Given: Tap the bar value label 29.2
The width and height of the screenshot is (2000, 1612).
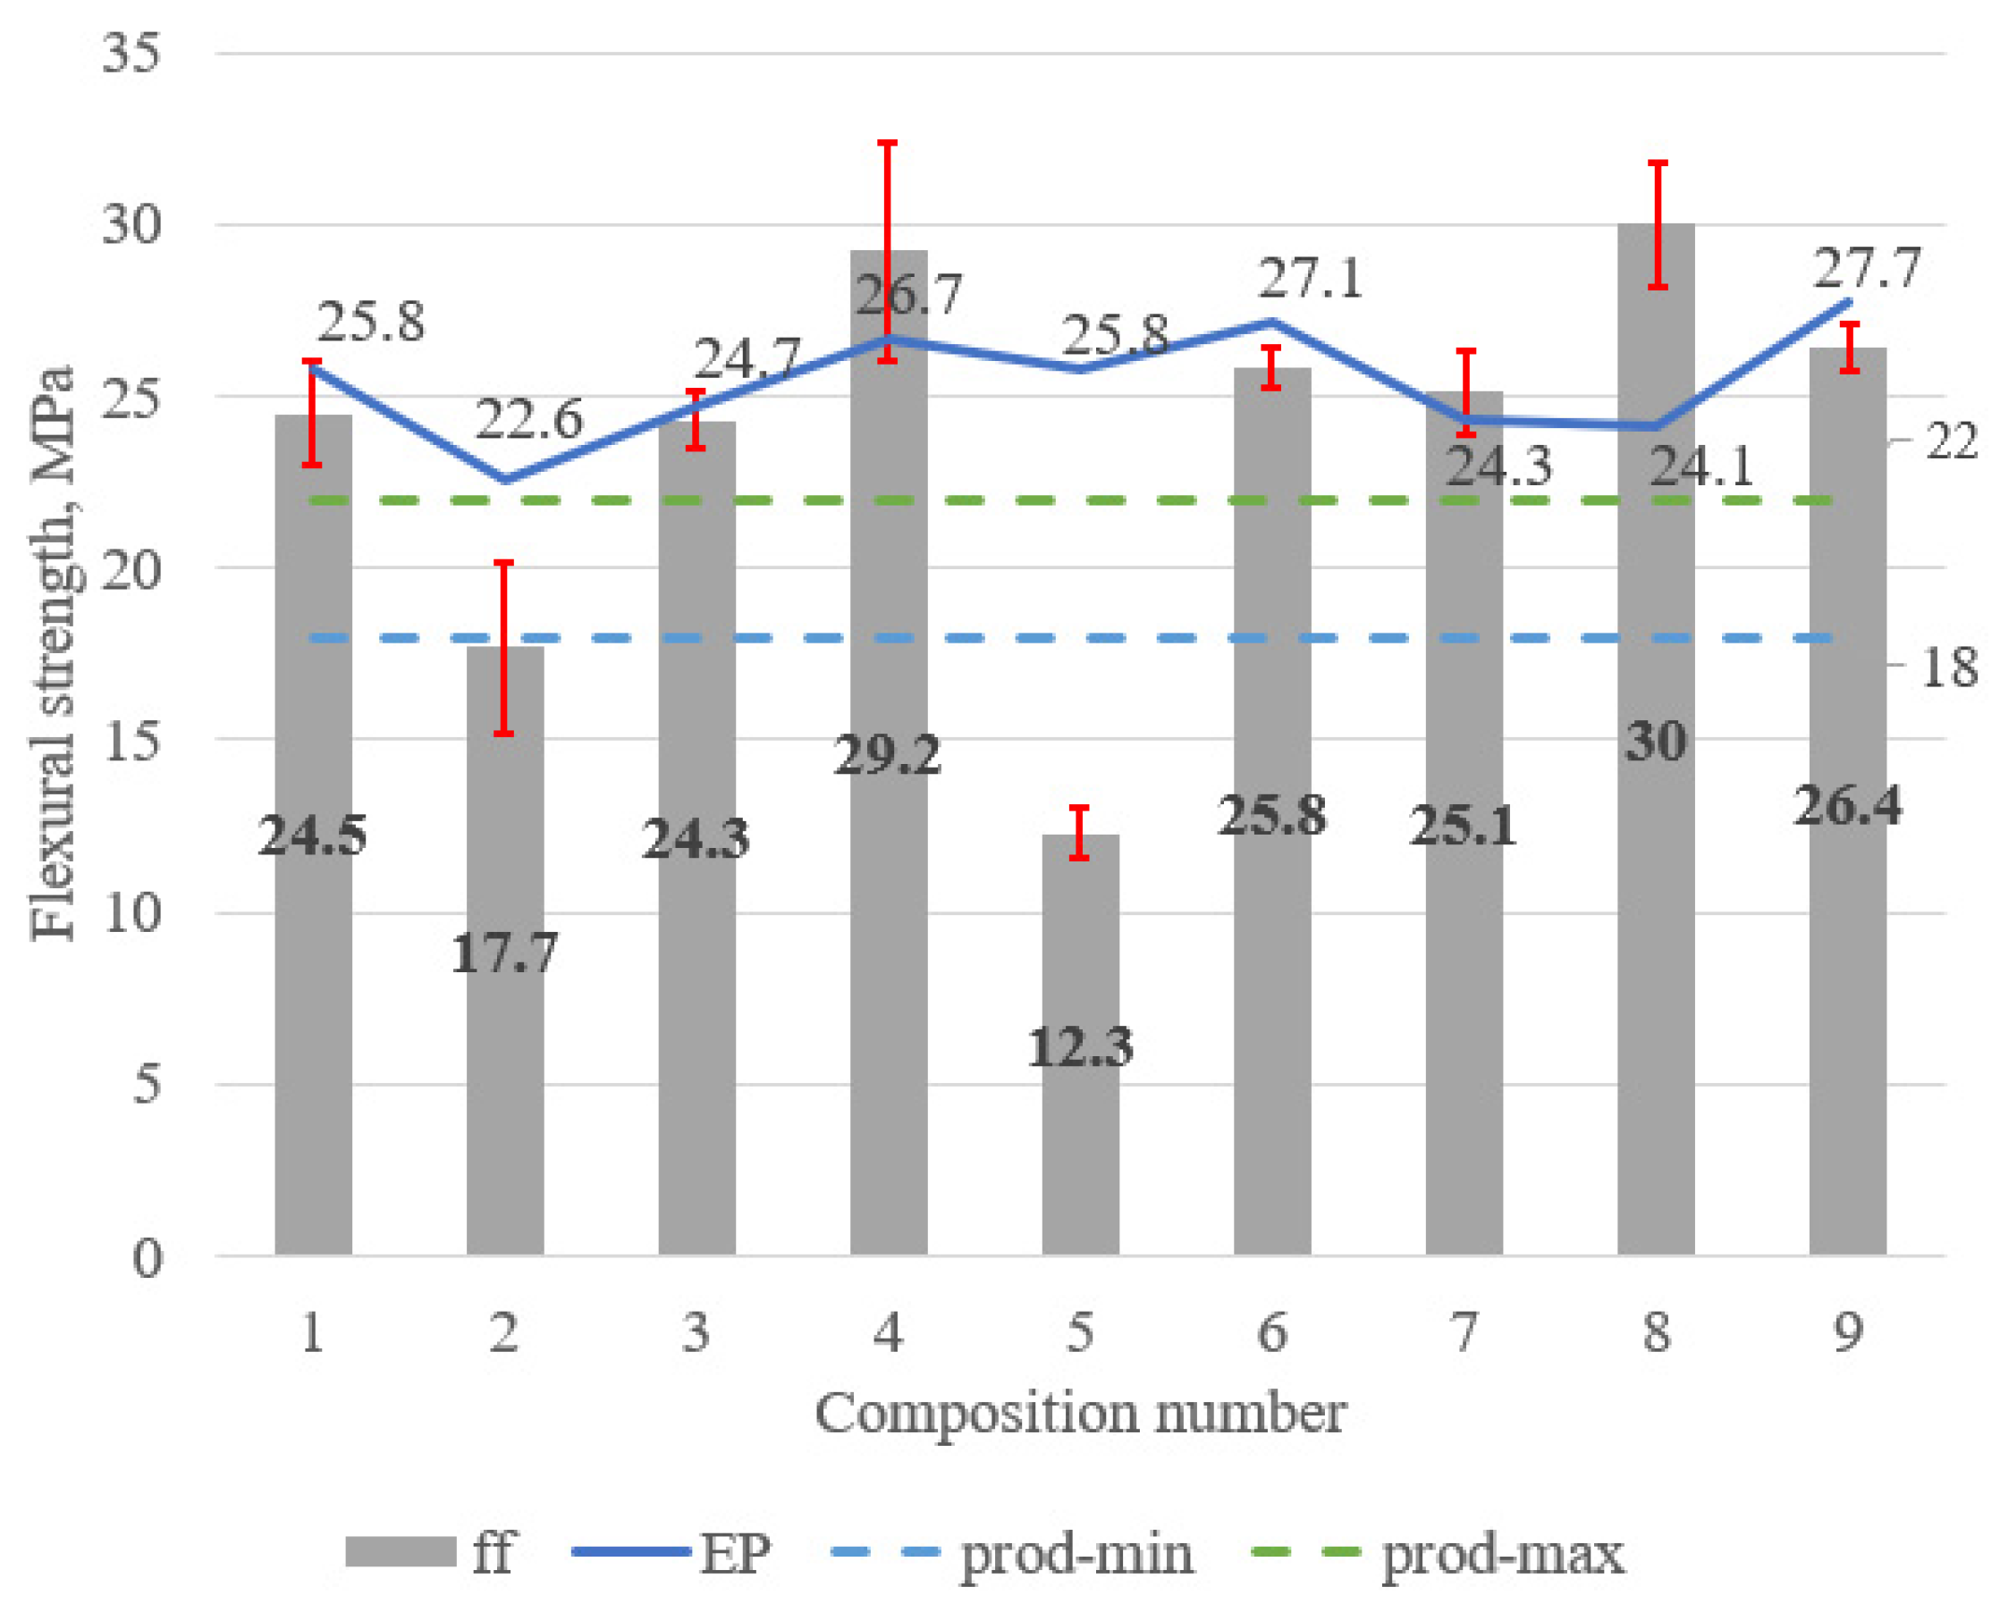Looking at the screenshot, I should [x=887, y=755].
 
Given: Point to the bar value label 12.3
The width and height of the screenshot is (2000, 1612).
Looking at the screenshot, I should [x=1079, y=1047].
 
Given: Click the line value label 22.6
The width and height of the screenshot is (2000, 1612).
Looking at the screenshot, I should [x=528, y=420].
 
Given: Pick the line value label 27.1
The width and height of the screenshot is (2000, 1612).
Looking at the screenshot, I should [x=1310, y=279].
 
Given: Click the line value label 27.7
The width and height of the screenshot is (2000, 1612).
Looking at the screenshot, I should [x=1865, y=269].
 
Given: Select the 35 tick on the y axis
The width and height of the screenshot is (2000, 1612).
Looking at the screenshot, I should [x=130, y=53].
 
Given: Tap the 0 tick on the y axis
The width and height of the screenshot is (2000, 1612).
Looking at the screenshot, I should [x=146, y=1260].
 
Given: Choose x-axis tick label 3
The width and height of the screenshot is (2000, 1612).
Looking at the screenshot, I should [x=696, y=1333].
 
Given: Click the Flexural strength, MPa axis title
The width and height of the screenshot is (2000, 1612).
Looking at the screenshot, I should [x=52, y=653].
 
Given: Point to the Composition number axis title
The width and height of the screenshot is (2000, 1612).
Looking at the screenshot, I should [x=1080, y=1415].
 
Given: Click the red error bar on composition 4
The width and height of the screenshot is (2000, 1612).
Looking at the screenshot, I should [x=888, y=251].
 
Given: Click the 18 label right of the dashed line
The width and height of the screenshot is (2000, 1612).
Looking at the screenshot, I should [x=1949, y=667].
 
